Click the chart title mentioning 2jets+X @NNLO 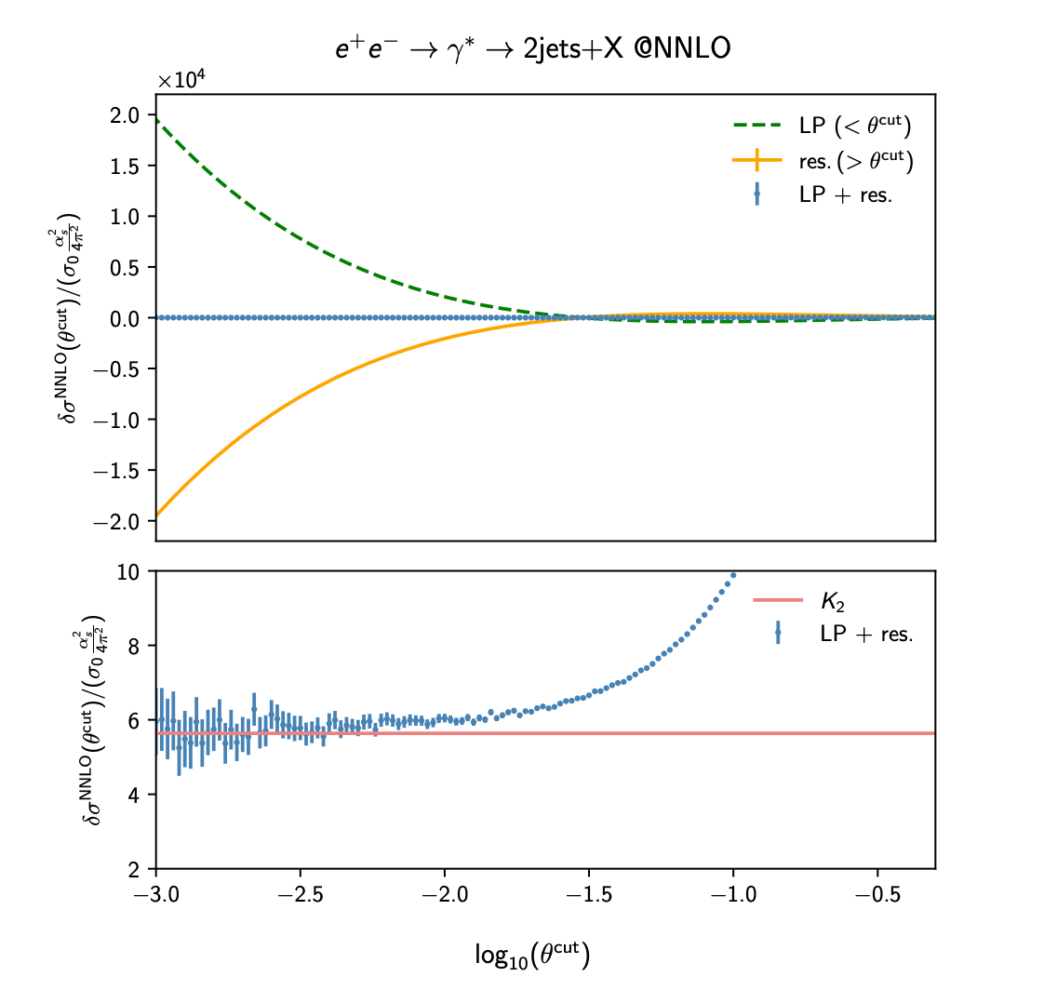tap(532, 48)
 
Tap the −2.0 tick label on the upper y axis tap(125, 521)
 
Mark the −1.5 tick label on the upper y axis tap(125, 471)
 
